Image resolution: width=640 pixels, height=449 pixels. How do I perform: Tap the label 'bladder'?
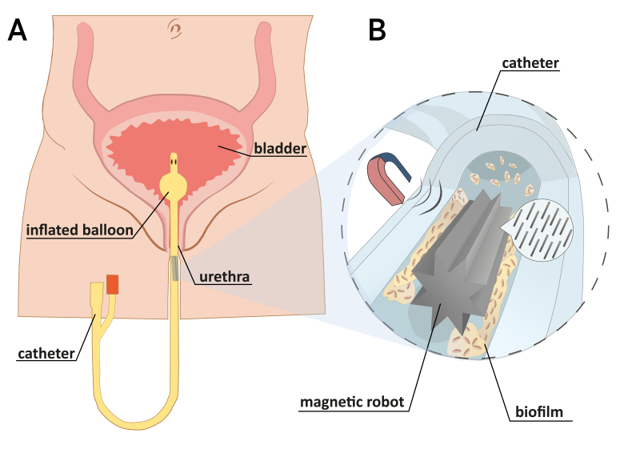coord(279,148)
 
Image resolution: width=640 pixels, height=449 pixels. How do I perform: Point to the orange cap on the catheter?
coord(113,284)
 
